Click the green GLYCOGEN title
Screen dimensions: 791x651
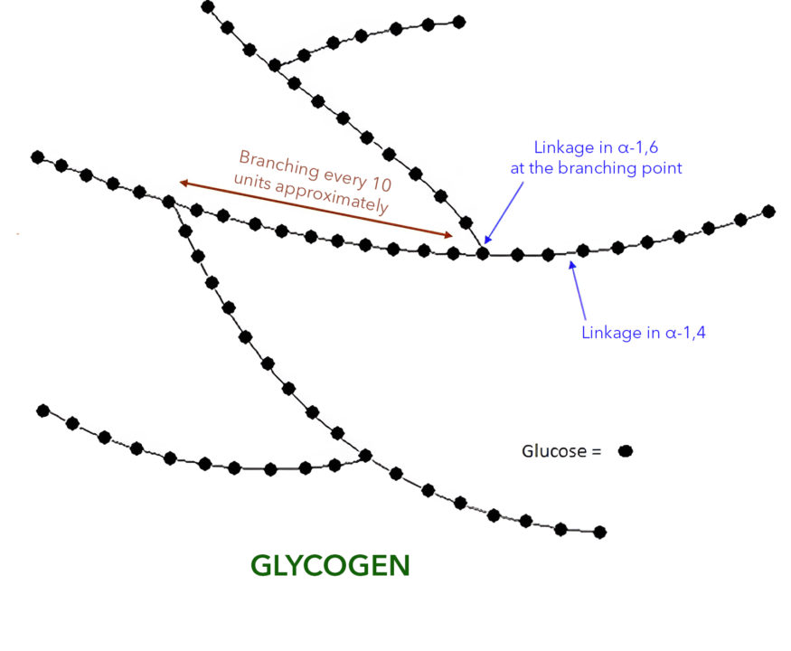tap(330, 566)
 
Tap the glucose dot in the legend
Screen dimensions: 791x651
tap(626, 451)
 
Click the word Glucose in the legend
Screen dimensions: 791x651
tap(554, 451)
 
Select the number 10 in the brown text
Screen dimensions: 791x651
tap(381, 184)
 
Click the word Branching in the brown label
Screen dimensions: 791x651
tap(279, 164)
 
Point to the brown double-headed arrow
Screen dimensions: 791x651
tap(316, 209)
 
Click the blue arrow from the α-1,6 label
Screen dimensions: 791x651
tap(504, 213)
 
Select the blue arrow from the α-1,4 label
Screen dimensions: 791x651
tap(578, 290)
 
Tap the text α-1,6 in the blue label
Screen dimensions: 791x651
tap(638, 147)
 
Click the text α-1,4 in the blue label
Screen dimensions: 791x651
tap(685, 333)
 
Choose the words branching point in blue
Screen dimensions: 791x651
tap(620, 168)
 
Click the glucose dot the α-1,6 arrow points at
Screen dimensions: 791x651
tap(483, 253)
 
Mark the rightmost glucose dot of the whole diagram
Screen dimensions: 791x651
tap(768, 212)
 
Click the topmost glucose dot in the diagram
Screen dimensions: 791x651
tap(207, 7)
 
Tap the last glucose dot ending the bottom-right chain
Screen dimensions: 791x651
tap(600, 532)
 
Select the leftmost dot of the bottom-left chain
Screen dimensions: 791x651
tap(43, 410)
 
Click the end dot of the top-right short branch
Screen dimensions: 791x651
tap(459, 22)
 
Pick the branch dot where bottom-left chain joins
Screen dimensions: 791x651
tap(365, 456)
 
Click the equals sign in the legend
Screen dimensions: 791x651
tap(597, 452)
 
